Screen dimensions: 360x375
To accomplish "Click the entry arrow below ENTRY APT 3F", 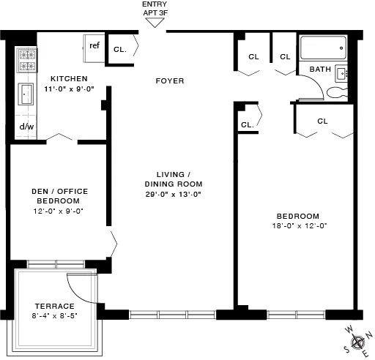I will pos(153,22).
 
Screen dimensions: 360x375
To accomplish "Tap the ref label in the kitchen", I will pos(94,45).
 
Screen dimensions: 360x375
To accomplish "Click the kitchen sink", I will pos(26,94).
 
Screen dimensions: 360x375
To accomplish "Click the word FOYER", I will pos(170,80).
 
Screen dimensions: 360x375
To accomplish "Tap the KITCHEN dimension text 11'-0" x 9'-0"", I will pos(70,89).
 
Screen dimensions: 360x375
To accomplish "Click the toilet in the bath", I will pos(336,93).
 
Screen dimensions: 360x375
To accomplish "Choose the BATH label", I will pos(320,70).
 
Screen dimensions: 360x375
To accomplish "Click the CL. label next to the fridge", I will pos(120,50).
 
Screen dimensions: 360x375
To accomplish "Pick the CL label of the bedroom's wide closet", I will pos(323,121).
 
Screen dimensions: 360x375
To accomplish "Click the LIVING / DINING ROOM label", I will pos(173,179).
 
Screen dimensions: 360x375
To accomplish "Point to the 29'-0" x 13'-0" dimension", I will pos(173,194).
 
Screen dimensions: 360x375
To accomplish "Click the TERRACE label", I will pos(56,306).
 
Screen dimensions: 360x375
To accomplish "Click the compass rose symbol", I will pos(358,341).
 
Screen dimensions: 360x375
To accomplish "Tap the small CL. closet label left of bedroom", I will pos(247,124).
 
